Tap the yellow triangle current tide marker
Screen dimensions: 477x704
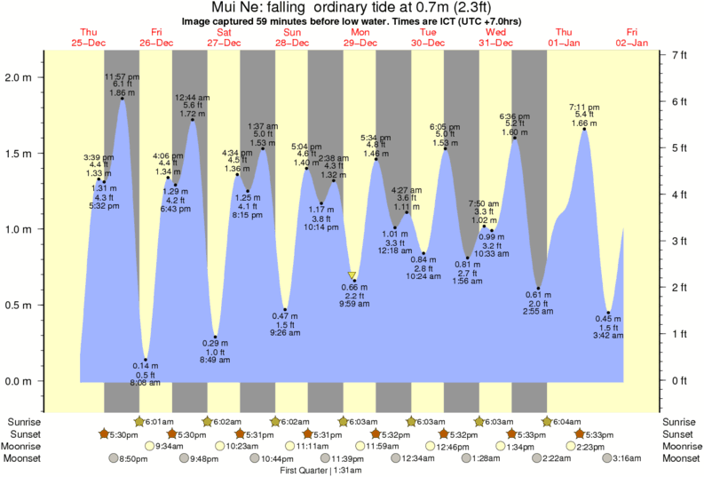point(352,275)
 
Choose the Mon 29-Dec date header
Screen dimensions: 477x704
point(360,37)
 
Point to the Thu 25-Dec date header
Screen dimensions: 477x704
point(88,37)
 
